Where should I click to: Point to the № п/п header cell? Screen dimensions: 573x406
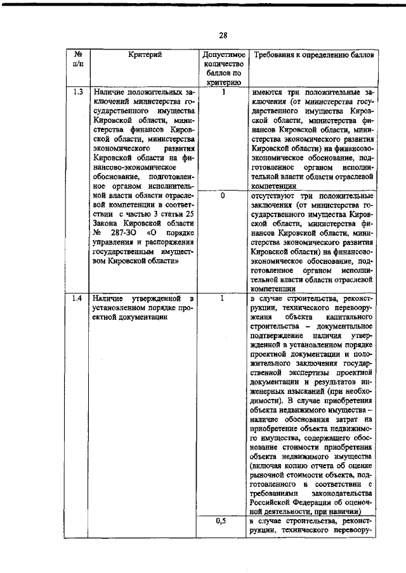coord(78,60)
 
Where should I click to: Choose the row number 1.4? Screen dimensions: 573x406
coord(78,298)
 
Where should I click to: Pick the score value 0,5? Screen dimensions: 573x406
coord(221,520)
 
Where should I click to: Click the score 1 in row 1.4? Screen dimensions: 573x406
coord(223,298)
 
